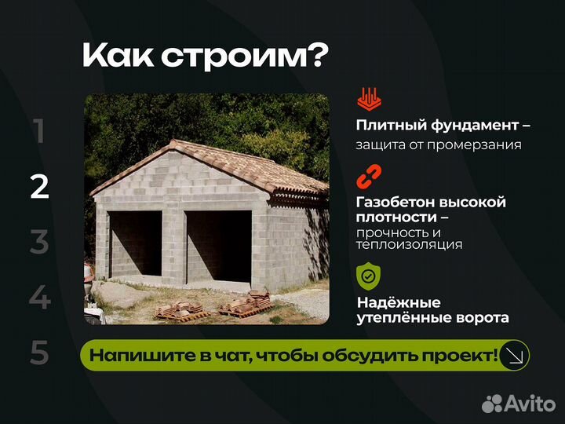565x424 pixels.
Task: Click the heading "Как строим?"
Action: point(205,56)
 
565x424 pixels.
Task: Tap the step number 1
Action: point(39,131)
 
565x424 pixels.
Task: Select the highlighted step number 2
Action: point(39,187)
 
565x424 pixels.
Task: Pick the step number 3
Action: point(39,243)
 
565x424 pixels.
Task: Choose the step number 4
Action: point(39,298)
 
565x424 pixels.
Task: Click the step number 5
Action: point(39,354)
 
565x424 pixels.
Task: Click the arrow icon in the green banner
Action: point(515,355)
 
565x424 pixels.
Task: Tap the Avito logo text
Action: point(530,404)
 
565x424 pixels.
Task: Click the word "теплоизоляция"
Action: point(409,245)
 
